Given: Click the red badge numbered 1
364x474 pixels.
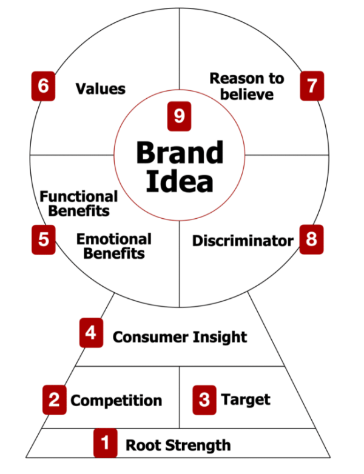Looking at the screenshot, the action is tap(105, 443).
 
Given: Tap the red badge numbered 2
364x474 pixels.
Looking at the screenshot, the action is tap(54, 399).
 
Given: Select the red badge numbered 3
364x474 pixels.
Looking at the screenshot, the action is tap(204, 399).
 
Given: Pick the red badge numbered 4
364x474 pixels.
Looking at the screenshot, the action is tap(91, 334).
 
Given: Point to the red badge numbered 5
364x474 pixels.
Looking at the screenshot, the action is tap(43, 239).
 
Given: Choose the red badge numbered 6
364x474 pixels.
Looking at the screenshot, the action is tap(43, 86).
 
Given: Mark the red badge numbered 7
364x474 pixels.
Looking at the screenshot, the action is tap(312, 86).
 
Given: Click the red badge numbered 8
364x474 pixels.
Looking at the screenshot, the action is tap(311, 239).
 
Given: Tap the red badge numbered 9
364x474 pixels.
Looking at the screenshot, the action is tap(179, 116).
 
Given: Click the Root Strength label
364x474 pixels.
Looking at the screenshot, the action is tap(178, 446).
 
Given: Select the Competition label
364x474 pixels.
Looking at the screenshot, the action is tap(116, 401).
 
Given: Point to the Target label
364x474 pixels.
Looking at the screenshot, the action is tap(246, 399).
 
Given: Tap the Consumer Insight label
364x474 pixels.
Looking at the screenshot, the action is tap(180, 336).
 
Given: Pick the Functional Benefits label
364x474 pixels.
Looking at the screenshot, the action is tap(78, 204).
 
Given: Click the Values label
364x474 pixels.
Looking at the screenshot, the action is tap(100, 88).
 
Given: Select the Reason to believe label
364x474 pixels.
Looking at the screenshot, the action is tap(246, 86).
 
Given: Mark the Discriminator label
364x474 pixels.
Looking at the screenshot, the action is tap(243, 241).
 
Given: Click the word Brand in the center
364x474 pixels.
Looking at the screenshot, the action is tap(179, 153).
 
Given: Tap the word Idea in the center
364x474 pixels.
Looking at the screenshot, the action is tap(179, 182).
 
